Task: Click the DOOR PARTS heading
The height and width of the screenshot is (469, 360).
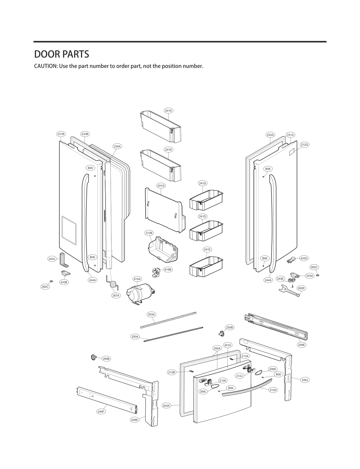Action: coord(61,54)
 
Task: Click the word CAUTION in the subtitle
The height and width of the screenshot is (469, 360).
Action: coord(45,66)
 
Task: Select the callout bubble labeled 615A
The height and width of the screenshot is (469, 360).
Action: coord(137,279)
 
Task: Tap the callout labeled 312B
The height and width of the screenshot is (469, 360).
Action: coord(149,233)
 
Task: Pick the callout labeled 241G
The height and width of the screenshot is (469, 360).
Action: coord(161,186)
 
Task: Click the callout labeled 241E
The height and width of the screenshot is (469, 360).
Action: coord(207,250)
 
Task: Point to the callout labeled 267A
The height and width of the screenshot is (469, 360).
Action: coord(116,295)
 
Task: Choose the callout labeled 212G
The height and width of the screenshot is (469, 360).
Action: coord(304,145)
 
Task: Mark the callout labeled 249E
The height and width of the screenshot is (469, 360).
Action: coord(302,345)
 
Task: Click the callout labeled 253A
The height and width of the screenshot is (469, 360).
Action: coord(151,314)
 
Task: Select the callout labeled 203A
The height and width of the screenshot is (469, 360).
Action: coord(166,406)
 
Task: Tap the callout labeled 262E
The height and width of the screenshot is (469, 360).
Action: coord(301,288)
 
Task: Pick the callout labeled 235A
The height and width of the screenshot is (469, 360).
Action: coord(117,146)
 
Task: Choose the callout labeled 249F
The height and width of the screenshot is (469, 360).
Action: coord(101,411)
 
